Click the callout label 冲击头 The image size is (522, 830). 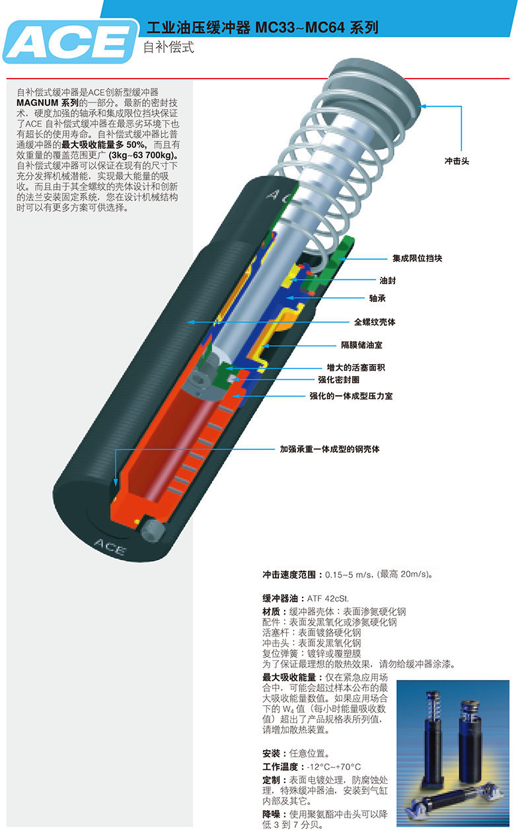pyautogui.click(x=456, y=161)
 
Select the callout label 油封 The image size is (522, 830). pyautogui.click(x=388, y=280)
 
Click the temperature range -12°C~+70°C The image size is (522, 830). pyautogui.click(x=334, y=767)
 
